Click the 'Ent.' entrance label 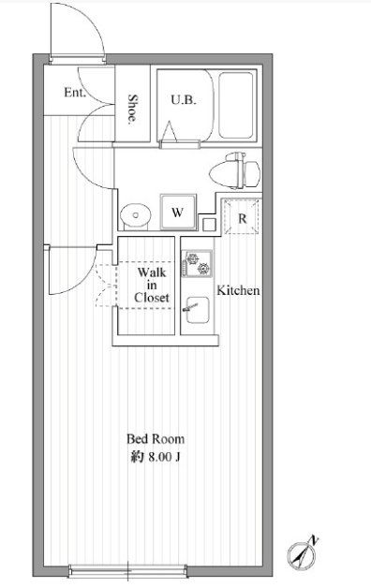click(75, 93)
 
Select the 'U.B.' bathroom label click(183, 98)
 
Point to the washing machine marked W click(178, 212)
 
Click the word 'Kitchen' click(239, 290)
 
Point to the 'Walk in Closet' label click(153, 285)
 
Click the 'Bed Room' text click(156, 438)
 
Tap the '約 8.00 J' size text click(156, 456)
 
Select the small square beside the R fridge click(209, 223)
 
